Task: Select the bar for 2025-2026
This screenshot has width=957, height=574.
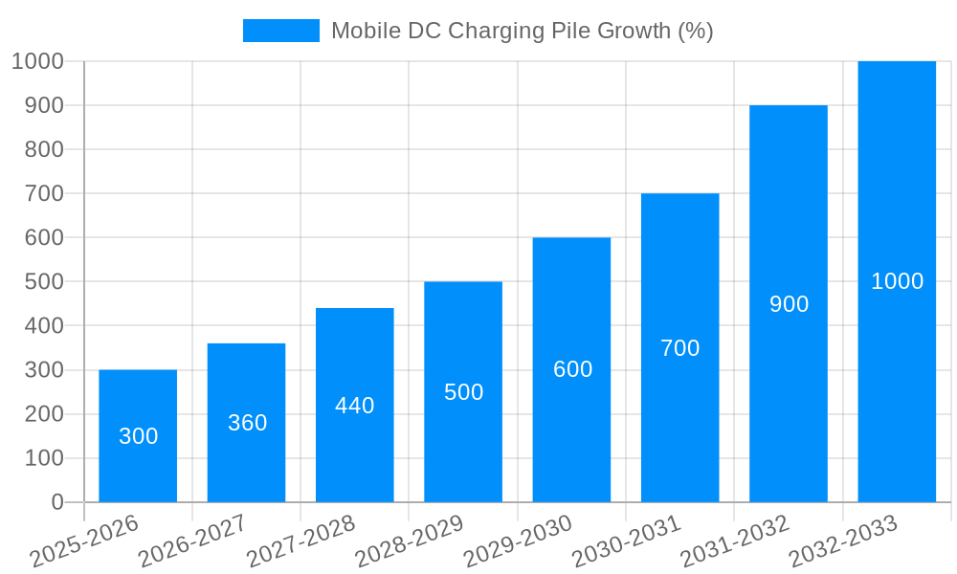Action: coord(138,435)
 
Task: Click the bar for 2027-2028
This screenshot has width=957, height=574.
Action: coord(355,405)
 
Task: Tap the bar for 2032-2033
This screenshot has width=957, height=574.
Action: coord(897,281)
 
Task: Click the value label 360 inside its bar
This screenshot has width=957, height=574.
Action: coord(247,423)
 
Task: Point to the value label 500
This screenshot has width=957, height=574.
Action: coord(463,392)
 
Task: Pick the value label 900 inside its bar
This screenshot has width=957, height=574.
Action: coord(789,304)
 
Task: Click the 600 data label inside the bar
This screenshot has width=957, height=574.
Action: coord(572,369)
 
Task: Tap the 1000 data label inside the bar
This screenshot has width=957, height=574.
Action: coord(897,281)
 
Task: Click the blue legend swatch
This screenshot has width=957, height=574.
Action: coord(280,31)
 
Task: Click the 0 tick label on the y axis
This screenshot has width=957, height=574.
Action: coord(57,502)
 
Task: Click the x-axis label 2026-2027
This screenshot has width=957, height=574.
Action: coord(191,541)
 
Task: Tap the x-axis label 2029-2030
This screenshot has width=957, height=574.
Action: coord(517,541)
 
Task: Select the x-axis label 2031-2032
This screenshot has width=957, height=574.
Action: coord(734,541)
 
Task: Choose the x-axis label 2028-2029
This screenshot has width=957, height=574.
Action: coord(409,541)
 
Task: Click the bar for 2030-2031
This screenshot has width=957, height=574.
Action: coord(680,347)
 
